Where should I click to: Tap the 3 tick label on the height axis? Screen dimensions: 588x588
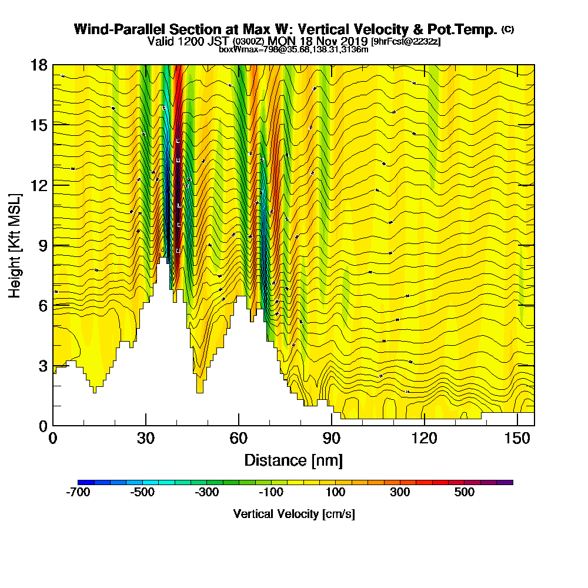pos(42,366)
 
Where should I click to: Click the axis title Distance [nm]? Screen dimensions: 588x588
pos(293,460)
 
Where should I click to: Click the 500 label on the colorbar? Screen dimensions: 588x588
pos(465,493)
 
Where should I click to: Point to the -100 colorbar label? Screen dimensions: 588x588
pos(271,493)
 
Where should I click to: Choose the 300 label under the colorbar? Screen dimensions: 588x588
pos(400,493)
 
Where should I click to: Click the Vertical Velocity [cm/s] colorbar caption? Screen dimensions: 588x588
pos(294,514)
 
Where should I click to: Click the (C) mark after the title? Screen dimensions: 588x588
pos(507,29)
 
